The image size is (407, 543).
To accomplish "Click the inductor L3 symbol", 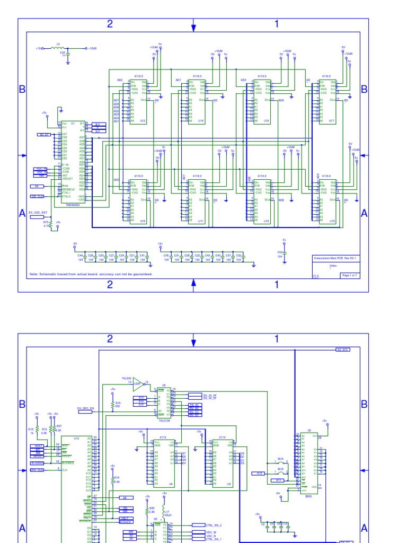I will point(58,48).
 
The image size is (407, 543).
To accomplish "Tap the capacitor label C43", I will point(62,52).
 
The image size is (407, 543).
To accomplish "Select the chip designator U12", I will point(143,121).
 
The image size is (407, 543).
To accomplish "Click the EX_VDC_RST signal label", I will point(38,212).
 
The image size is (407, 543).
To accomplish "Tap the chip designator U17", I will point(332,121).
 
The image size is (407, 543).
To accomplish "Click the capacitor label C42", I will point(280,252).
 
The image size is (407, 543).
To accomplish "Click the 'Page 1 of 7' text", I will point(350,276).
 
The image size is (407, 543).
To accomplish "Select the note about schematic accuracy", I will point(91,274).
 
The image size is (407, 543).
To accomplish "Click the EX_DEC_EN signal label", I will point(85,409).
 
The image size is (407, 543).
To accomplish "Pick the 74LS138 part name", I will point(164,421).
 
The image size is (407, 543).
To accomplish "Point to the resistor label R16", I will point(118,403).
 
